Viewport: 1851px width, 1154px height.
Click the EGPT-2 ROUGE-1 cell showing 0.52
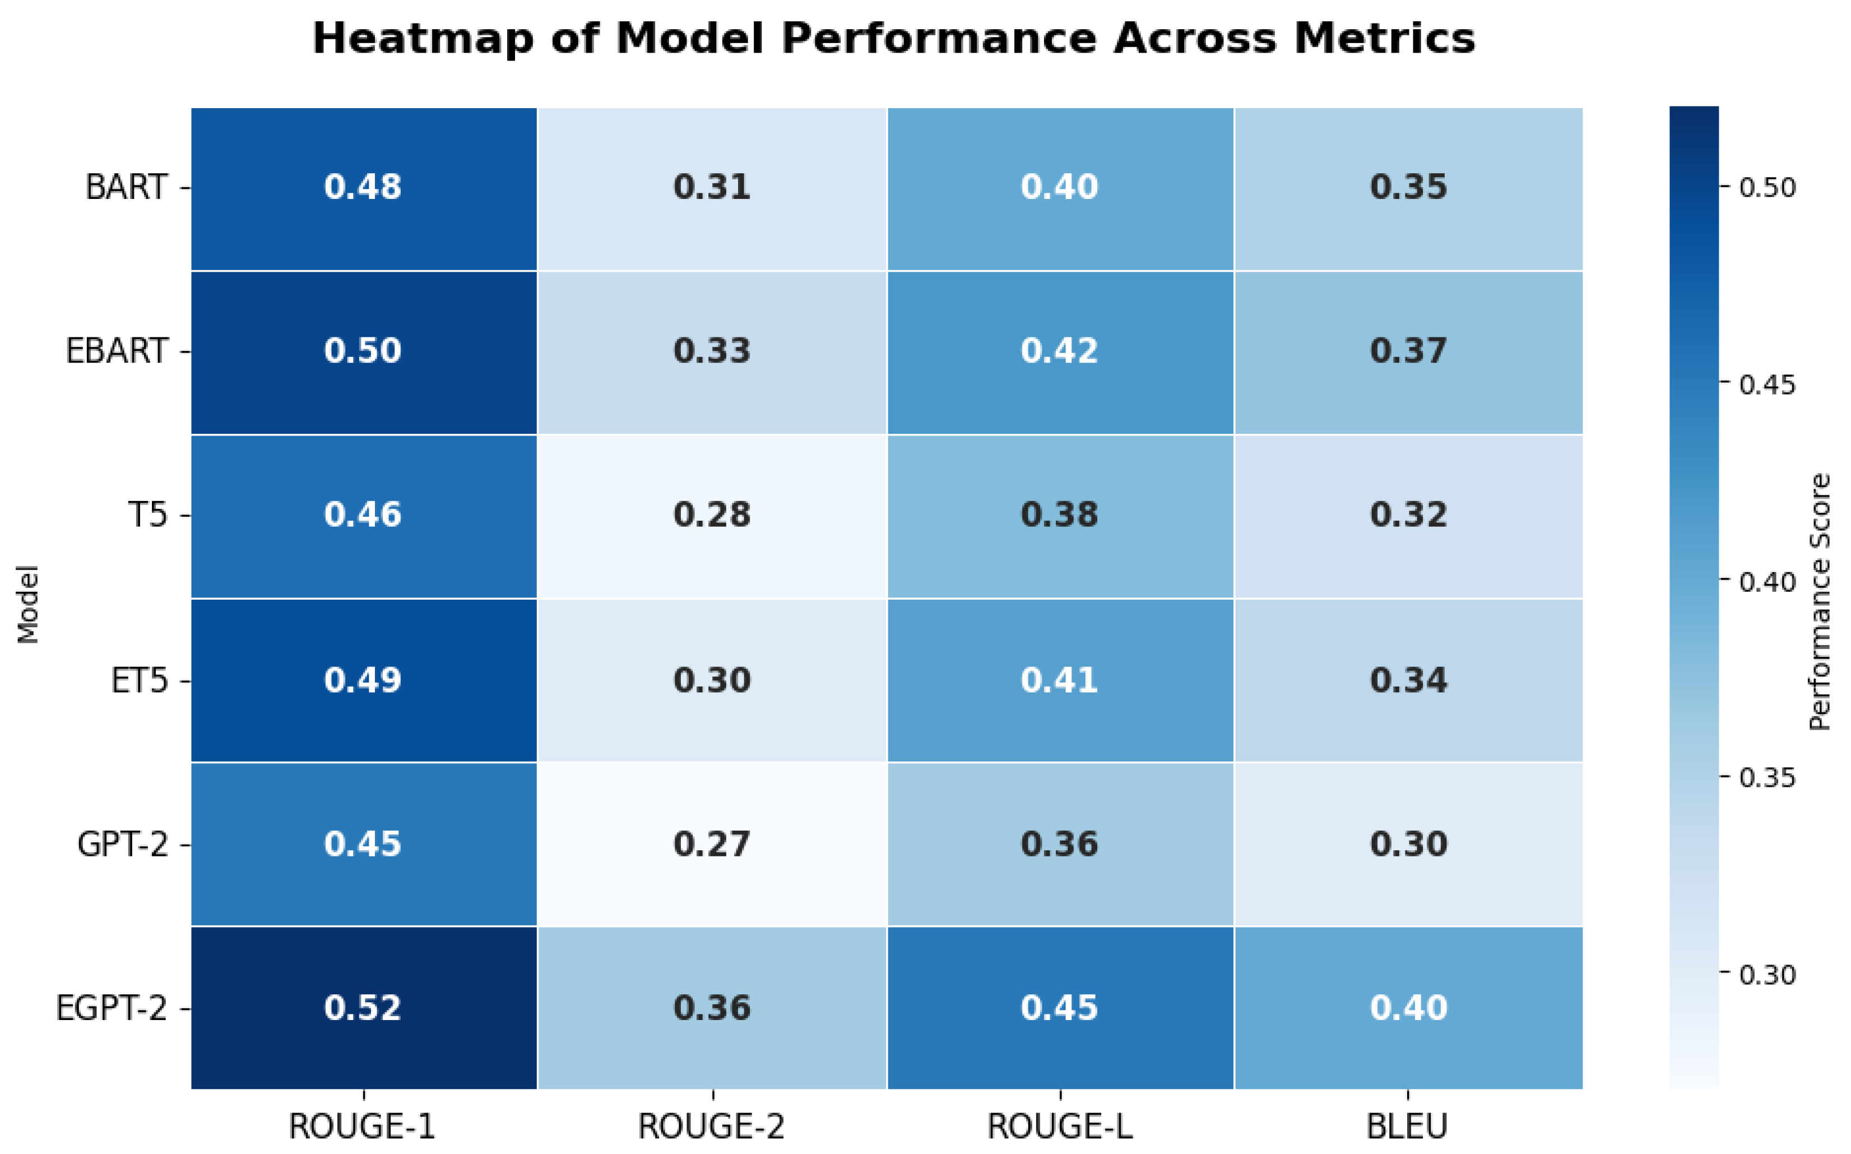coord(363,1008)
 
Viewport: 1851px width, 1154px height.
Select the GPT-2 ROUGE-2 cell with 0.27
coord(712,844)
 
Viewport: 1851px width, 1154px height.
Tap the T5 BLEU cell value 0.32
coord(1408,515)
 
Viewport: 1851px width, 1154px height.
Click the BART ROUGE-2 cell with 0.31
coord(712,188)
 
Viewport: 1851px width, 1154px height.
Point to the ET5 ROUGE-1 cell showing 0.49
coord(363,680)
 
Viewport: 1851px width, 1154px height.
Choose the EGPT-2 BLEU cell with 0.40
coord(1408,1008)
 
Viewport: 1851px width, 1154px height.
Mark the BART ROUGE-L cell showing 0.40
coord(1060,188)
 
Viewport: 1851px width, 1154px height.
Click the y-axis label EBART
coord(117,351)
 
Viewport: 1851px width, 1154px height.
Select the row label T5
coord(147,515)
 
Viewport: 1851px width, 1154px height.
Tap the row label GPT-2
coord(122,844)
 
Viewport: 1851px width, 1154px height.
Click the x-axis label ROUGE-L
coord(1060,1127)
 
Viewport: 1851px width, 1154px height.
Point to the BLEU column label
coord(1408,1127)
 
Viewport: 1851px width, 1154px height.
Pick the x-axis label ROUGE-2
coord(711,1127)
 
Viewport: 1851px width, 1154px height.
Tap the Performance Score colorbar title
coord(1820,602)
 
